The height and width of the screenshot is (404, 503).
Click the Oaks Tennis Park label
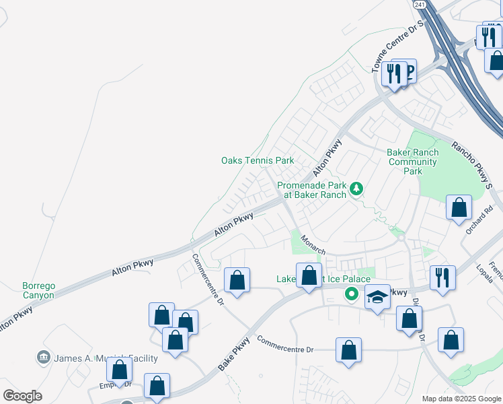tap(258, 161)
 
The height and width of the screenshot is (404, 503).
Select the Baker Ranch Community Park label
tap(412, 162)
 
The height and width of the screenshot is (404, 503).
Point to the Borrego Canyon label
tap(29, 290)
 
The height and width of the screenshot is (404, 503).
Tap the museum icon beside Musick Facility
tap(44, 357)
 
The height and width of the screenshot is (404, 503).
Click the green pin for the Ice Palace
tap(350, 294)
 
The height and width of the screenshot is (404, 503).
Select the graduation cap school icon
tap(378, 297)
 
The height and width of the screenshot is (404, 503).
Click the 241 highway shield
tap(420, 5)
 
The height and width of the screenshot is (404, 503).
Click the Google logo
tap(23, 396)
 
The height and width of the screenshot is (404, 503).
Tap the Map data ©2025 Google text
tap(461, 399)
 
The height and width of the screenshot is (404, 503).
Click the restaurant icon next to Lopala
tap(442, 277)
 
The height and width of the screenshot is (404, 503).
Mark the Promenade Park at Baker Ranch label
tap(313, 190)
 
